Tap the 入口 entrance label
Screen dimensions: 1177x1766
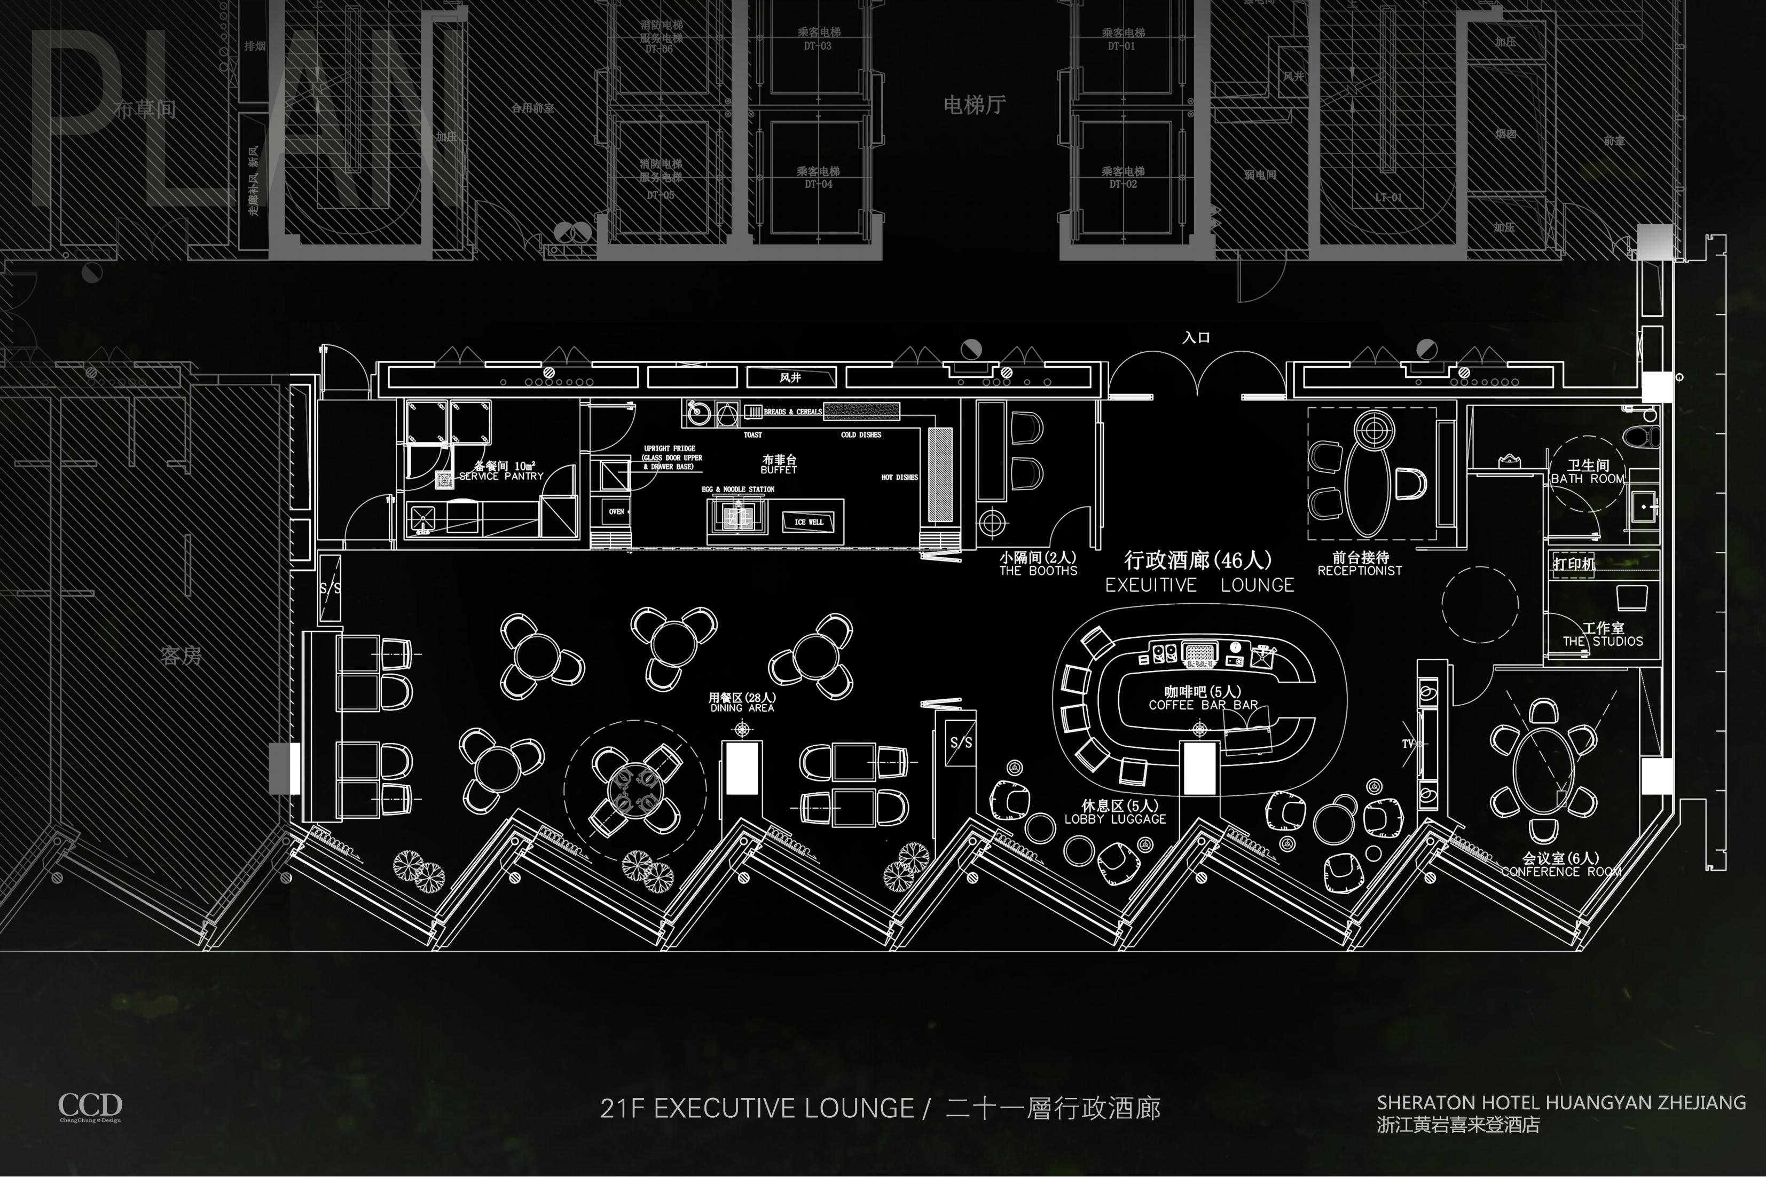point(1196,338)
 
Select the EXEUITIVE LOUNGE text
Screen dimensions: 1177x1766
point(1199,586)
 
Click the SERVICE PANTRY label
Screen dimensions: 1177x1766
point(501,476)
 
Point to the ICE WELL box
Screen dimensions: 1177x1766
point(809,522)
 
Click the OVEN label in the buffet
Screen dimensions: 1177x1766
point(616,512)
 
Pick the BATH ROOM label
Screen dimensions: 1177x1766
point(1587,479)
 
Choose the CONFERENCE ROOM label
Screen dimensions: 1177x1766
point(1561,872)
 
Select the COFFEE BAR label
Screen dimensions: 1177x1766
point(1203,705)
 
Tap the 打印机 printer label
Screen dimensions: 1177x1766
point(1574,564)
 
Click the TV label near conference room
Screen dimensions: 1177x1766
point(1408,744)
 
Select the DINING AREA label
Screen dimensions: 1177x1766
point(742,708)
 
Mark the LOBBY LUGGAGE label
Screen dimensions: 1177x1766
point(1115,819)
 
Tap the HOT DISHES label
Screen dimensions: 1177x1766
point(899,477)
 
